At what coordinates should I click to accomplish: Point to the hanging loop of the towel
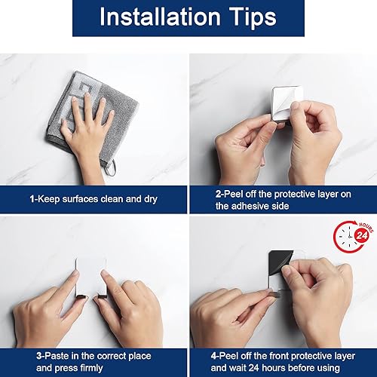pos(111,167)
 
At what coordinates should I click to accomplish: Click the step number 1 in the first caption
pos(32,199)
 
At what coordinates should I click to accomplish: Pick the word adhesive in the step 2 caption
pos(256,205)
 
